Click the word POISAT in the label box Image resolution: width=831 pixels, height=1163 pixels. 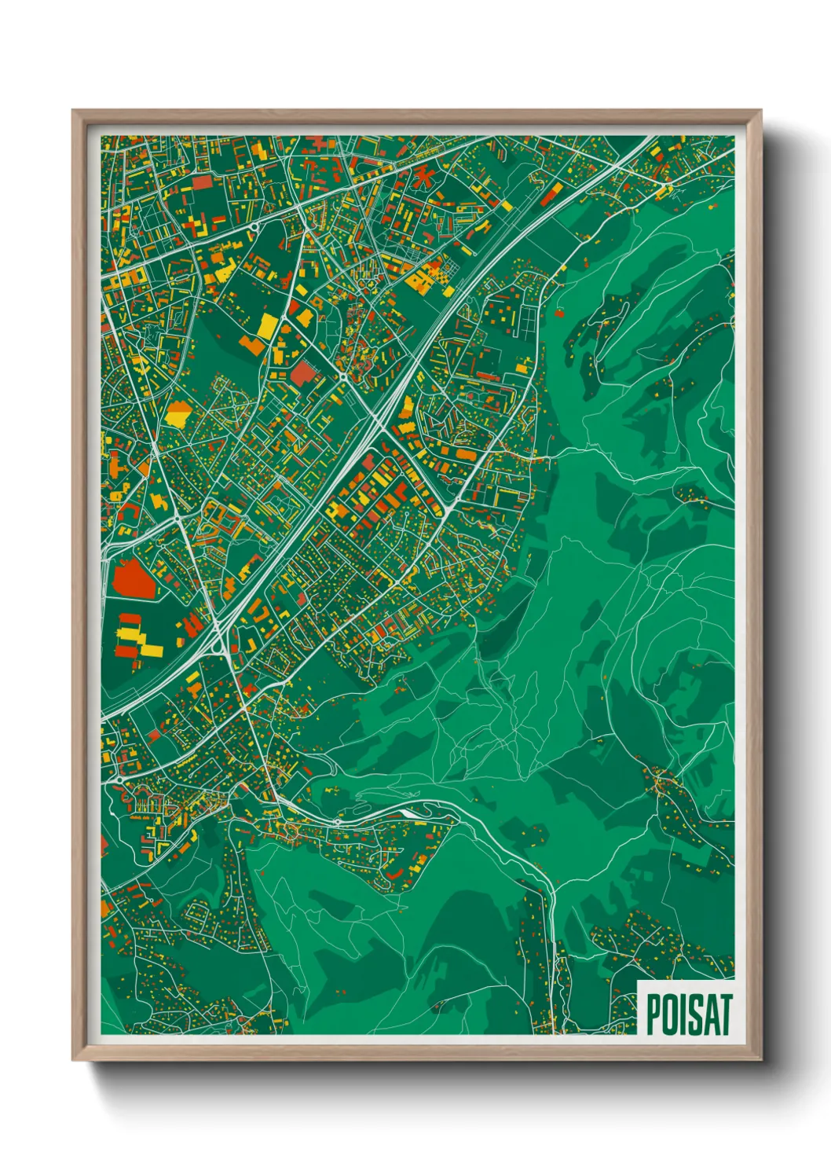689,1014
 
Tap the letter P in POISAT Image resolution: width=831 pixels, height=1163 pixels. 653,1014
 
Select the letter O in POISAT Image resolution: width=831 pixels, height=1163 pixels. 670,1014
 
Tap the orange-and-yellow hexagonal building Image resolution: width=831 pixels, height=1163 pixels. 178,413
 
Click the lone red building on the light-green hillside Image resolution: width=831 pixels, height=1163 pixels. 559,313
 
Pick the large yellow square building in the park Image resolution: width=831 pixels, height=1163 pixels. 267,325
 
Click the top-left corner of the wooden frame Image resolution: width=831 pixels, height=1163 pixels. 74,112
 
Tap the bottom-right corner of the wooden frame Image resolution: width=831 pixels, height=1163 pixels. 760,1059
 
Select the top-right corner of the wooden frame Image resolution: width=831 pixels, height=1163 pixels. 760,112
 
